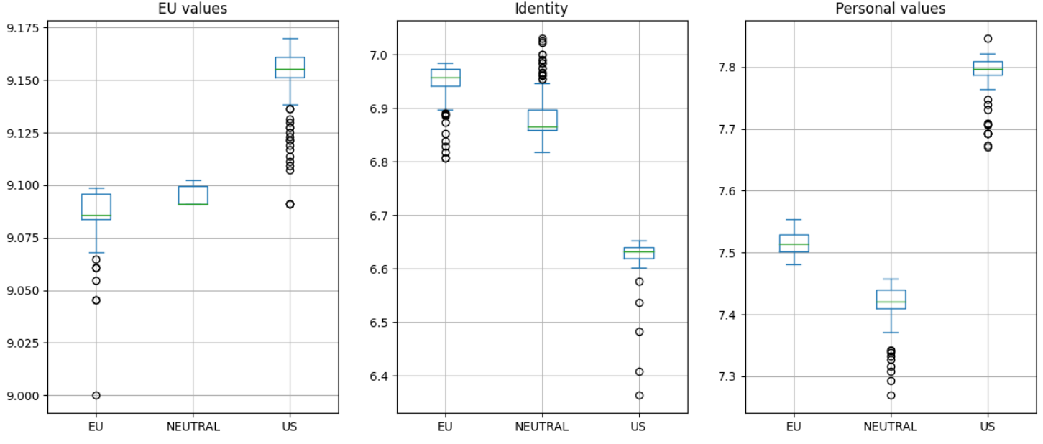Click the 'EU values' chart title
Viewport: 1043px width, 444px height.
coord(193,9)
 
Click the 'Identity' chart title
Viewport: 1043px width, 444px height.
coord(541,9)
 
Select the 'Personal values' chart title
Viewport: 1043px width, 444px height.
coord(890,9)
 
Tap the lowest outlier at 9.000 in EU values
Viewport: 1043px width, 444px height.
coord(96,395)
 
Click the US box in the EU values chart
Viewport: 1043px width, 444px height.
coord(290,67)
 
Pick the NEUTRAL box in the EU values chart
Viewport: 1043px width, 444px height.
coord(193,195)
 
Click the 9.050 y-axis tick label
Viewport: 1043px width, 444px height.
coord(24,291)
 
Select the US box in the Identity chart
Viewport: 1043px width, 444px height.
coord(638,253)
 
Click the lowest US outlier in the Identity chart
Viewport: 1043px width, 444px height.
coord(638,395)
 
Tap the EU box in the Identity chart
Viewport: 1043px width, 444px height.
coord(445,78)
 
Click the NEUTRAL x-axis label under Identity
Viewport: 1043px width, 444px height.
coord(541,427)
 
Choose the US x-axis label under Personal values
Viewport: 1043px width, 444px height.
coord(987,427)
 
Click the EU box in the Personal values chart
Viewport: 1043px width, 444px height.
coord(794,244)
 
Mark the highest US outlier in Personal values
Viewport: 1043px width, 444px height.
coord(988,39)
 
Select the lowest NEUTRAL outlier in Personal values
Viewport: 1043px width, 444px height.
coord(891,395)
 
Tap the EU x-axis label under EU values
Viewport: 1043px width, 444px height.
coord(96,427)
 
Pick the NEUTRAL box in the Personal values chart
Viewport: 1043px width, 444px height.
coord(891,300)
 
